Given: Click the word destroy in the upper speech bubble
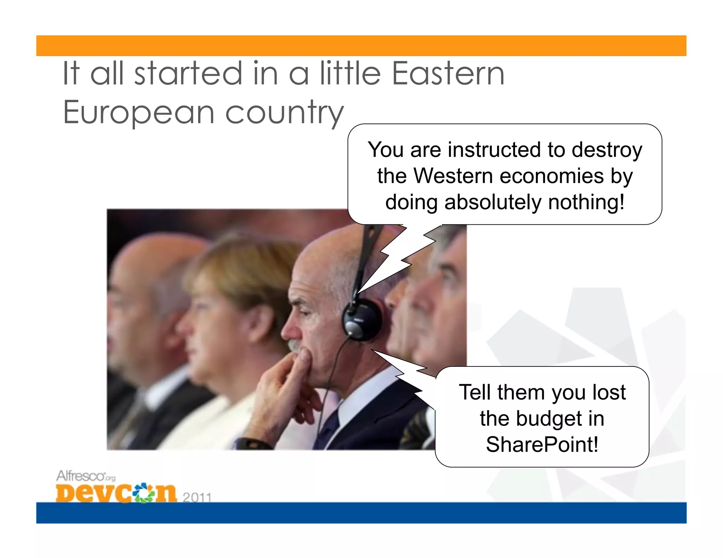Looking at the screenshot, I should (607, 150).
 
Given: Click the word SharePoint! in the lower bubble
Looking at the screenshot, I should (542, 444).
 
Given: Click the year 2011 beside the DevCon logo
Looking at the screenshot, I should (197, 497).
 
